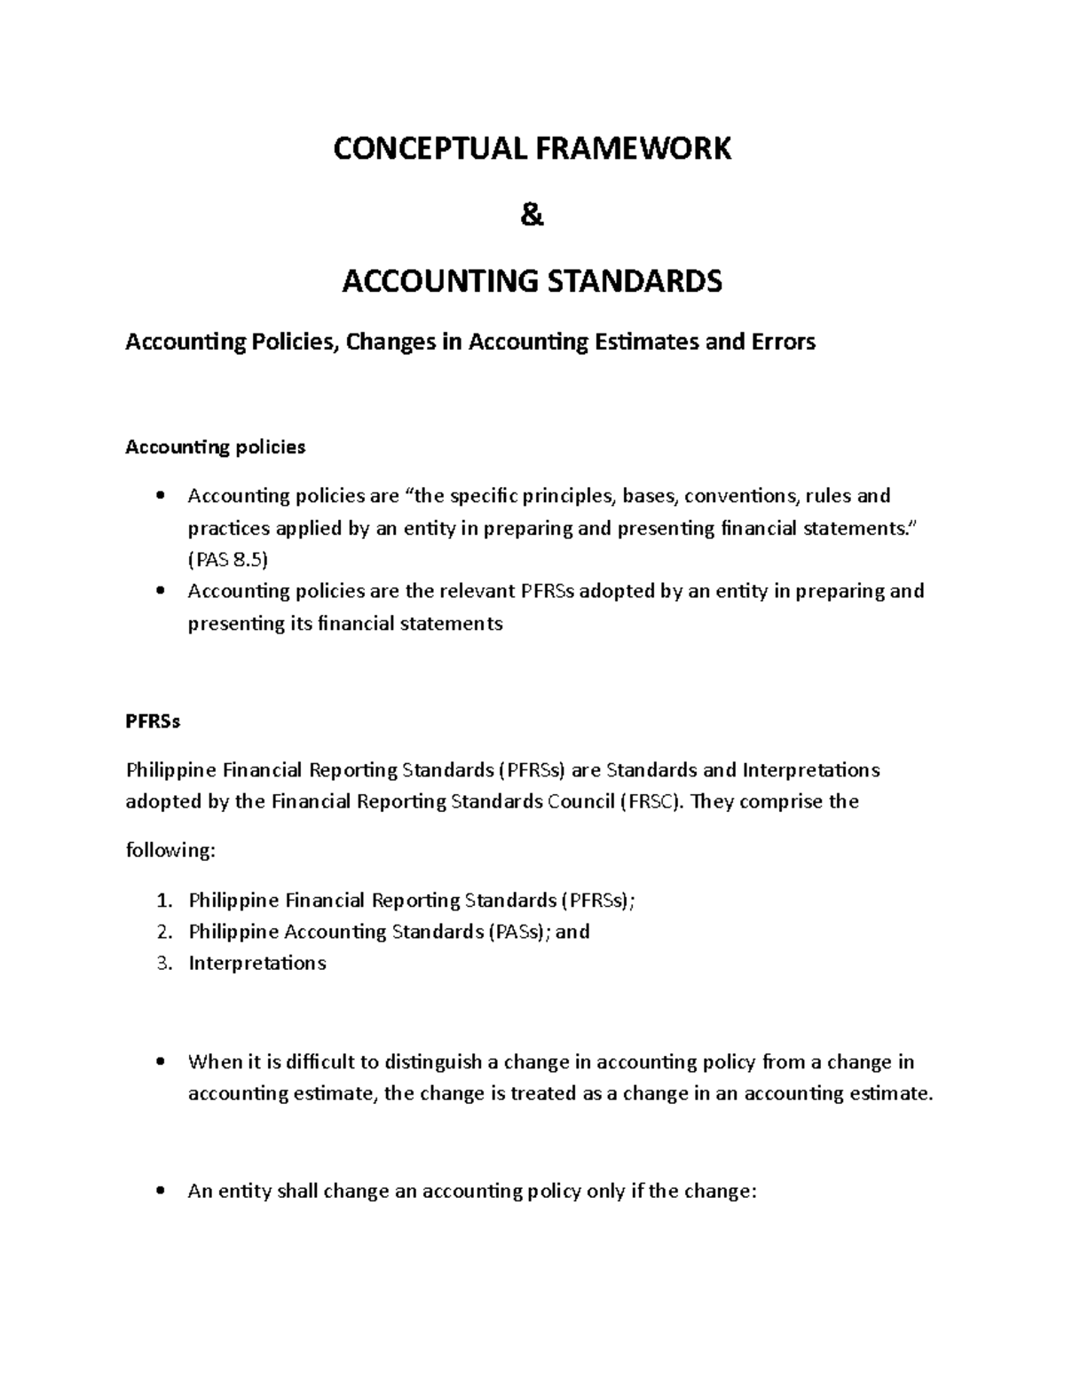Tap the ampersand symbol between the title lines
pyautogui.click(x=532, y=216)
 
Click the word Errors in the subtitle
pyautogui.click(x=783, y=342)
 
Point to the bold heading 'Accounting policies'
pyautogui.click(x=215, y=447)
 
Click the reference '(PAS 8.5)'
pyautogui.click(x=227, y=560)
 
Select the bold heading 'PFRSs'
pyautogui.click(x=153, y=721)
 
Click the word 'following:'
pyautogui.click(x=170, y=851)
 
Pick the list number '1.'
pyautogui.click(x=162, y=901)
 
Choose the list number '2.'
pyautogui.click(x=162, y=932)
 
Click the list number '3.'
pyautogui.click(x=162, y=963)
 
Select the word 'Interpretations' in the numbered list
pyautogui.click(x=257, y=963)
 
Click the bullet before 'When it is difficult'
pyautogui.click(x=160, y=1062)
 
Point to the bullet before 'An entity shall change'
pyautogui.click(x=160, y=1192)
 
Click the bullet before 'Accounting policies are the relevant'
pyautogui.click(x=160, y=591)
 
